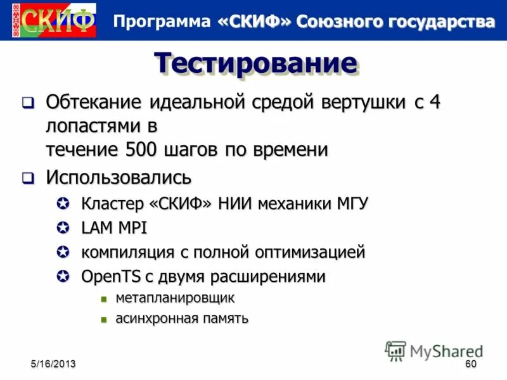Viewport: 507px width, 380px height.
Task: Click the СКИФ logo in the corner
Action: (53, 20)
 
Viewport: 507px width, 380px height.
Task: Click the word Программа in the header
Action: (161, 21)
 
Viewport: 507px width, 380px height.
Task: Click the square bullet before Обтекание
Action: (28, 102)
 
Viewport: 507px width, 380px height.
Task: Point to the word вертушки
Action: (338, 103)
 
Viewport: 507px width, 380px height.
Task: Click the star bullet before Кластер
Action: (63, 204)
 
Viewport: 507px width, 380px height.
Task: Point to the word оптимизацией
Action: (310, 252)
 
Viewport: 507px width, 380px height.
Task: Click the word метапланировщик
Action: (175, 298)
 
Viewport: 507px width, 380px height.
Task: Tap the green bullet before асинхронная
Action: (105, 319)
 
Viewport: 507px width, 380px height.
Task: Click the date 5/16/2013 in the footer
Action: (54, 364)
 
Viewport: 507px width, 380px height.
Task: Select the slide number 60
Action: (470, 364)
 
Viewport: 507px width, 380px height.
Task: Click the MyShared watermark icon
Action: (395, 350)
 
